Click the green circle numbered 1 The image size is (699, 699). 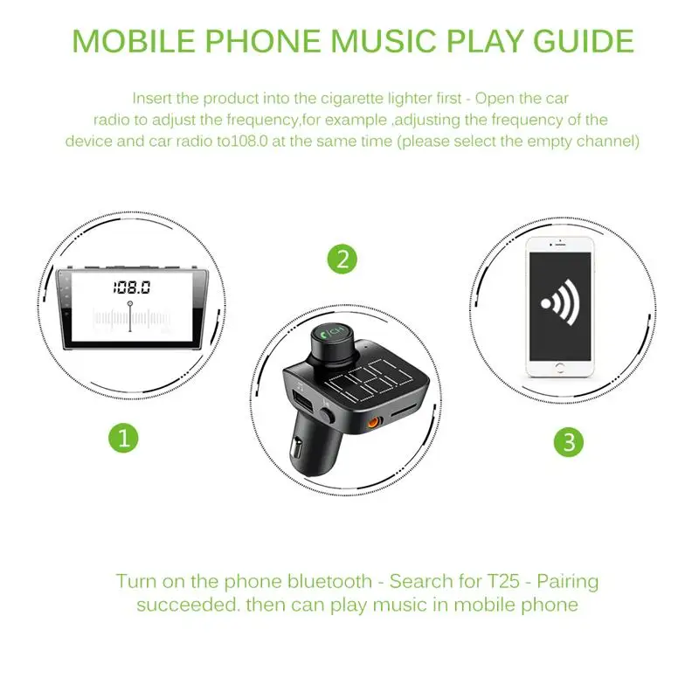124,438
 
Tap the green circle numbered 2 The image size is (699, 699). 343,259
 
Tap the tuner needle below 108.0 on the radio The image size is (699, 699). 130,315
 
